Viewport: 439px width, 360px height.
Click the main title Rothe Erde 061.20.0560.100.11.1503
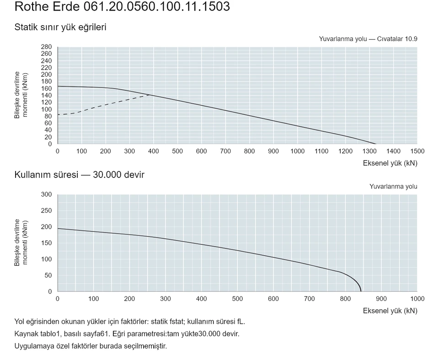tap(122, 6)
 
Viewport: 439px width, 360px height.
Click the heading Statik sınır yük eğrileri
tap(60, 27)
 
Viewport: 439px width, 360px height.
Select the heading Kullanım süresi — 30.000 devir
tap(79, 175)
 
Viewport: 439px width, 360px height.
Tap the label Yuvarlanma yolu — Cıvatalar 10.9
tap(368, 39)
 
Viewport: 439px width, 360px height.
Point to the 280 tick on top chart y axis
tap(46, 47)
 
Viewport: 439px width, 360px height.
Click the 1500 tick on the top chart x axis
tap(417, 151)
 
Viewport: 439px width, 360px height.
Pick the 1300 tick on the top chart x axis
tap(369, 151)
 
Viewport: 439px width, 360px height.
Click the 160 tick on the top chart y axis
tap(46, 88)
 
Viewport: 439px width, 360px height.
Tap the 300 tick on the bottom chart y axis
tap(46, 194)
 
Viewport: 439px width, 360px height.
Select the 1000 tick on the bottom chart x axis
tap(417, 299)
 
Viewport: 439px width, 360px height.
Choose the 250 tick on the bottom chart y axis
tap(46, 211)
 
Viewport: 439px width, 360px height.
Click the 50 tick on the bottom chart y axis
tap(48, 275)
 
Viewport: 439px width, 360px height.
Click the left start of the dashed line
tap(58, 114)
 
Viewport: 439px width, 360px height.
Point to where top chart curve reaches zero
tap(376, 144)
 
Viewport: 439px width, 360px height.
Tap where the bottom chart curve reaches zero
tap(361, 291)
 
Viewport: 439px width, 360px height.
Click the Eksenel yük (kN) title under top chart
tap(390, 163)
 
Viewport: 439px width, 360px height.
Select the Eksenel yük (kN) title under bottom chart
tap(390, 311)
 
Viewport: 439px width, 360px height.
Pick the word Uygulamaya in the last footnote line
tap(31, 346)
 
